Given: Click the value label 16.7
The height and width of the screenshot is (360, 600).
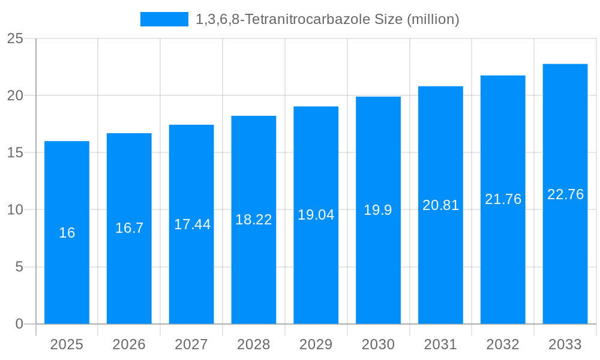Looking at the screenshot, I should click(x=130, y=228).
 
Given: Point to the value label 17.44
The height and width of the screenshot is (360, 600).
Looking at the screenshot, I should click(x=192, y=224).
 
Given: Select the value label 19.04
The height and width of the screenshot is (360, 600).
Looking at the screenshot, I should click(x=316, y=215).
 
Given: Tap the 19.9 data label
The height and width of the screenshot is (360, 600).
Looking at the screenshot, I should click(x=378, y=210).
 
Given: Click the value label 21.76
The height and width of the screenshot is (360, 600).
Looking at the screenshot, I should click(x=503, y=199).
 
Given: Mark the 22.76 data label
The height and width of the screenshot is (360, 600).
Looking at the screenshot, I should click(x=565, y=194).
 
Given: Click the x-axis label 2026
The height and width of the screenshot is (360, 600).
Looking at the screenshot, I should click(x=129, y=344).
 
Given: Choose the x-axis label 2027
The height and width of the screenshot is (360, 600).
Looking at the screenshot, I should click(x=191, y=344).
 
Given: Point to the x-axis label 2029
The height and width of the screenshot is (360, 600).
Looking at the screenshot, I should click(x=316, y=344).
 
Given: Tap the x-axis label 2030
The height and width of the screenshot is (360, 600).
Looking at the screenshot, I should click(x=379, y=344).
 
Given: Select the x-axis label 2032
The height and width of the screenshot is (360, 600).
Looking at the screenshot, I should click(x=503, y=344).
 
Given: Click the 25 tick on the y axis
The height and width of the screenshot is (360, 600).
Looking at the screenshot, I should click(x=15, y=38).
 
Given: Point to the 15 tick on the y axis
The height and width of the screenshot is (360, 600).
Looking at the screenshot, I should click(x=15, y=152).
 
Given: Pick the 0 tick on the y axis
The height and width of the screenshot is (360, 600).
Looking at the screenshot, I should click(x=19, y=324).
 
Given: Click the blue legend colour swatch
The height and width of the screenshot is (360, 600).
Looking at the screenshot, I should click(x=164, y=19).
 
